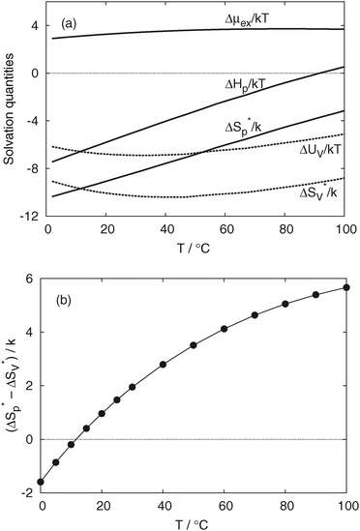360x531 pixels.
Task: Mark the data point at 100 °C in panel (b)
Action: (346, 287)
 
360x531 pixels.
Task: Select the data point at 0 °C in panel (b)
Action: (42, 482)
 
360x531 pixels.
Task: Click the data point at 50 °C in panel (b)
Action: (194, 345)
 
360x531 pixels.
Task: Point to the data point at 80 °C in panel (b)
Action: (285, 304)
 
